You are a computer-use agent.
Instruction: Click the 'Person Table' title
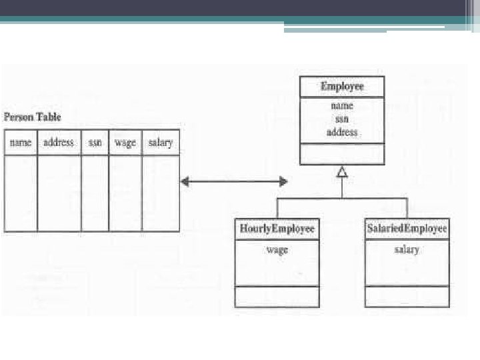32,117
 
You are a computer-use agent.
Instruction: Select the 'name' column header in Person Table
21,143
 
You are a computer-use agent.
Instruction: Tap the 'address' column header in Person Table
59,142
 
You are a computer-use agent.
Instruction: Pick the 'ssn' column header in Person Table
95,143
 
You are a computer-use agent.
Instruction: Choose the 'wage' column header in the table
125,143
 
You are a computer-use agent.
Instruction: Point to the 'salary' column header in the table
161,143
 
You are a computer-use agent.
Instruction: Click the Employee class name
342,86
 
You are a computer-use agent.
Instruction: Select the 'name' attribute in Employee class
342,105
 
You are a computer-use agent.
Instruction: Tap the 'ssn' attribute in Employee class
342,119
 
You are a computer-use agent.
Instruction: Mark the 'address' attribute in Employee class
342,132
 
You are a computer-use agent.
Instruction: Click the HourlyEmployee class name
277,229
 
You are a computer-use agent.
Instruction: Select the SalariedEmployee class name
407,229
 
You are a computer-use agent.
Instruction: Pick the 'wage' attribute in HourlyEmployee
277,250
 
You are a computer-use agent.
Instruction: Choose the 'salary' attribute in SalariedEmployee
407,250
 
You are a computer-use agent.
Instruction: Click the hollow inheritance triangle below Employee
342,173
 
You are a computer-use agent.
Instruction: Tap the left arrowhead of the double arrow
185,182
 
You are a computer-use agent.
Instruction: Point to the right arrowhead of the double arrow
283,181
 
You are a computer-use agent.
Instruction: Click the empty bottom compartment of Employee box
342,154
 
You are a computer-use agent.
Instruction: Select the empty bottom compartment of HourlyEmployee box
277,297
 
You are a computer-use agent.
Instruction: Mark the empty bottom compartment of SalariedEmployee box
407,297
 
